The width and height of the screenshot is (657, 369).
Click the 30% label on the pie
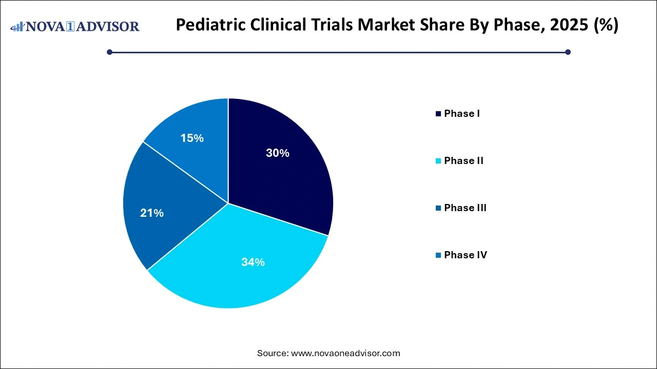coord(277,153)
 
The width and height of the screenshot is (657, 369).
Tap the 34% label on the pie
coord(253,262)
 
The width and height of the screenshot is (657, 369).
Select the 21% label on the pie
coord(152,213)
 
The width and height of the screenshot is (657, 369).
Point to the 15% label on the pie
coord(192,138)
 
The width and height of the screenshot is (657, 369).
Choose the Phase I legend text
coord(462,114)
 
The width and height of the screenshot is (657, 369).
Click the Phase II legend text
coord(463,161)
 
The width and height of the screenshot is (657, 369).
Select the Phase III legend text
coord(465,208)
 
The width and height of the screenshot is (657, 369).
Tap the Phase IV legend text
coord(465,255)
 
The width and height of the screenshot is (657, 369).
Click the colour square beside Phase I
coord(438,114)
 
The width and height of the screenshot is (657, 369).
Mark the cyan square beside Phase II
coord(438,161)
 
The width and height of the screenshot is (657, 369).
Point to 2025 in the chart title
coord(566,25)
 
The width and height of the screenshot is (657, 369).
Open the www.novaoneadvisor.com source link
coord(345,353)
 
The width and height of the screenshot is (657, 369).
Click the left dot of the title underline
coord(109,52)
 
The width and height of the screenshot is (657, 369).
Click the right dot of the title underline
coord(568,52)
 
